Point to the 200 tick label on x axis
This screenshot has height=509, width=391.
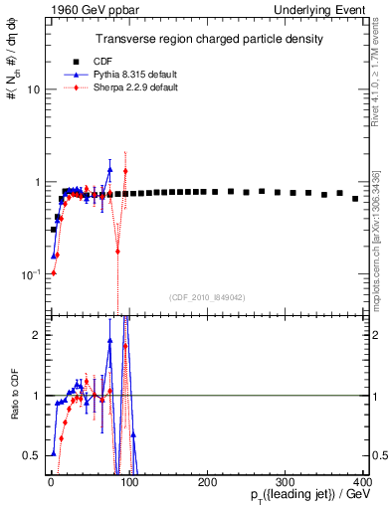pos(207,482)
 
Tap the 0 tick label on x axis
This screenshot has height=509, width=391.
pos(51,482)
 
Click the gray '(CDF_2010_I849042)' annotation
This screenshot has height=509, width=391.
pos(206,295)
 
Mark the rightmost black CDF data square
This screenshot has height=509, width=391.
pos(355,199)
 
